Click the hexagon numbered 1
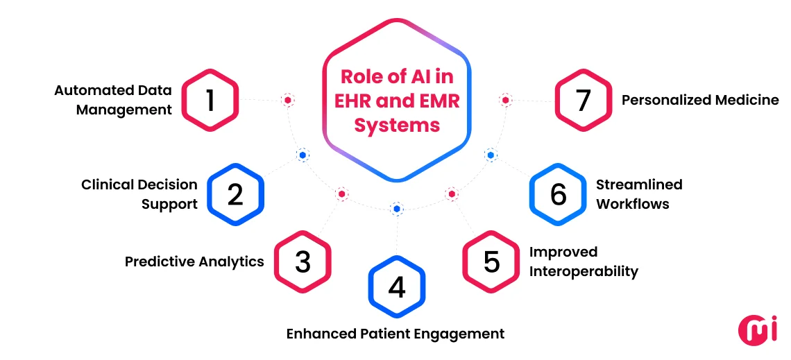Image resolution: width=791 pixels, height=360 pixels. click(x=210, y=101)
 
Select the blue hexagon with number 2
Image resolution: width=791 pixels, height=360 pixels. click(x=236, y=194)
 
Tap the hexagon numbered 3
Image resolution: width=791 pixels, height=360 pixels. click(x=303, y=262)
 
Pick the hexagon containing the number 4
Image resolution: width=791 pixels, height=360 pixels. click(x=396, y=286)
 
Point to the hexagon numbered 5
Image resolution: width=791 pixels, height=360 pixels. click(x=491, y=262)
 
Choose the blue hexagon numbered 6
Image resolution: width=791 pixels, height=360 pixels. click(x=558, y=194)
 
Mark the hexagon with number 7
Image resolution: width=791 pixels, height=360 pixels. click(x=583, y=101)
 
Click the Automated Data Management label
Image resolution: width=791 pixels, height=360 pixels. click(x=114, y=100)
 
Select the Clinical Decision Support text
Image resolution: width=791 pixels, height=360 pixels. click(x=139, y=194)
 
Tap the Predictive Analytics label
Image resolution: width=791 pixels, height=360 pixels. click(x=194, y=262)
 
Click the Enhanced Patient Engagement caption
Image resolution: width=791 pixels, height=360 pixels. click(x=395, y=334)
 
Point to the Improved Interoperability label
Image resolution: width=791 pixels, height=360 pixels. click(x=584, y=262)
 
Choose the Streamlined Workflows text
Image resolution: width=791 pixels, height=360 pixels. click(x=639, y=194)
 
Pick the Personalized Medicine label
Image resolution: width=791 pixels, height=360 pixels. click(x=700, y=101)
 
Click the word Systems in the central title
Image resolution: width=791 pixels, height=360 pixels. click(x=397, y=125)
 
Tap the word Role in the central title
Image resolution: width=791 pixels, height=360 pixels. click(x=359, y=78)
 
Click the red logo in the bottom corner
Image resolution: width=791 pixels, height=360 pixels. click(x=758, y=330)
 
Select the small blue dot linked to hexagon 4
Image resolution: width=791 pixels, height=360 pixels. click(x=396, y=208)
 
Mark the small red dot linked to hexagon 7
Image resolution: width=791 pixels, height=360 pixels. click(x=506, y=101)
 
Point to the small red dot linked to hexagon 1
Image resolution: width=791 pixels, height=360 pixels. click(x=287, y=101)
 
